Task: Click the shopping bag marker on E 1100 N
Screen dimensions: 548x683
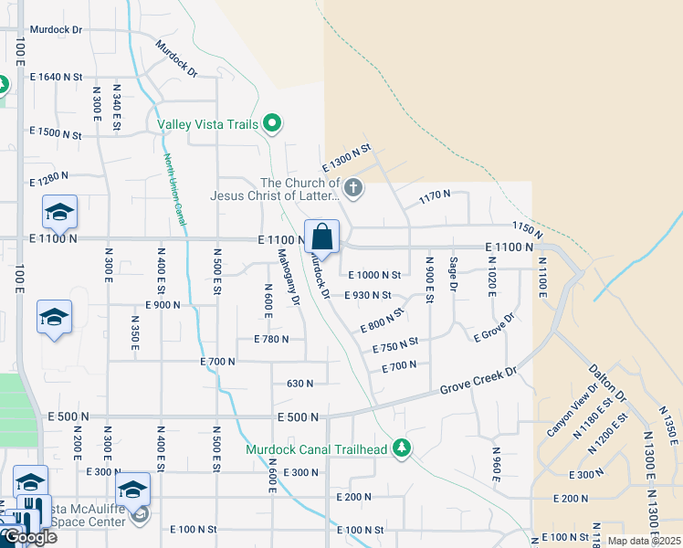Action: (x=321, y=237)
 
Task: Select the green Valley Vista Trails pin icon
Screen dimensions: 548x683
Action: (x=271, y=122)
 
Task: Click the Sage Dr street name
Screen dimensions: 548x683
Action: (x=452, y=274)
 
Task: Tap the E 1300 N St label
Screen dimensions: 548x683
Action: (x=347, y=157)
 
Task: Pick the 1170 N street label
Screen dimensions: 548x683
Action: (x=435, y=195)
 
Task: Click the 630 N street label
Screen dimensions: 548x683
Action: (x=300, y=384)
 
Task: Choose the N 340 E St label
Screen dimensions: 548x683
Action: (x=117, y=106)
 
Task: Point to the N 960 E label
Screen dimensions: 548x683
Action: (x=496, y=465)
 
